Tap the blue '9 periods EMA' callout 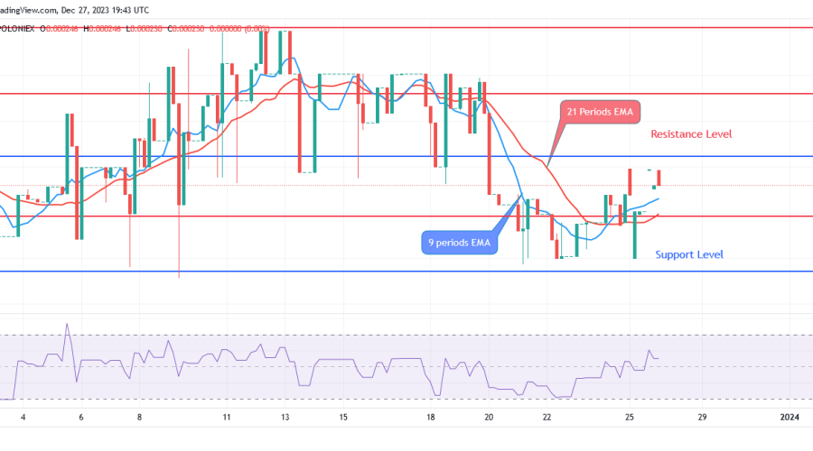point(459,242)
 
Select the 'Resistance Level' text point(691,134)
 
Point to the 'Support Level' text point(689,254)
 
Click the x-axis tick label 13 point(285,417)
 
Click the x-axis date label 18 point(431,417)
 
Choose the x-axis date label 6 point(81,417)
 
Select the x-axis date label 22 point(547,417)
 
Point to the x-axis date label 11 point(227,417)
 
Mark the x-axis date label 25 point(630,417)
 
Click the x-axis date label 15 point(344,417)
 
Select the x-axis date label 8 point(139,417)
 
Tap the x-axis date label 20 point(489,417)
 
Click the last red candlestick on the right point(659,178)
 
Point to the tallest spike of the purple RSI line point(66,325)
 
